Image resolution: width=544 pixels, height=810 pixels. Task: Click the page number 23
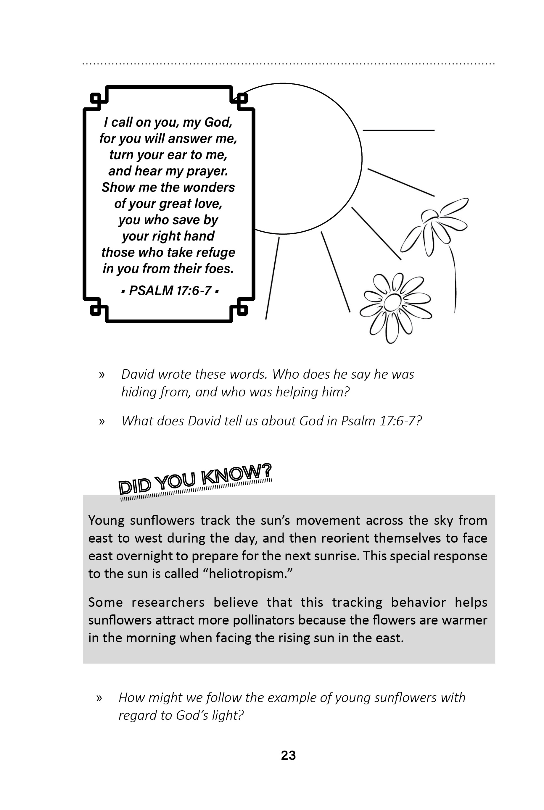(288, 755)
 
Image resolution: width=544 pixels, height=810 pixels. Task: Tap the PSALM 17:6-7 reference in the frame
(170, 291)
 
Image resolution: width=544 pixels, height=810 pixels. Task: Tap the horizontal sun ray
(398, 130)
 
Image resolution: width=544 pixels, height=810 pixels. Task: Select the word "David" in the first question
(138, 375)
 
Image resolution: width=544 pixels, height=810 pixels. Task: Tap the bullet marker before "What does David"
(102, 421)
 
